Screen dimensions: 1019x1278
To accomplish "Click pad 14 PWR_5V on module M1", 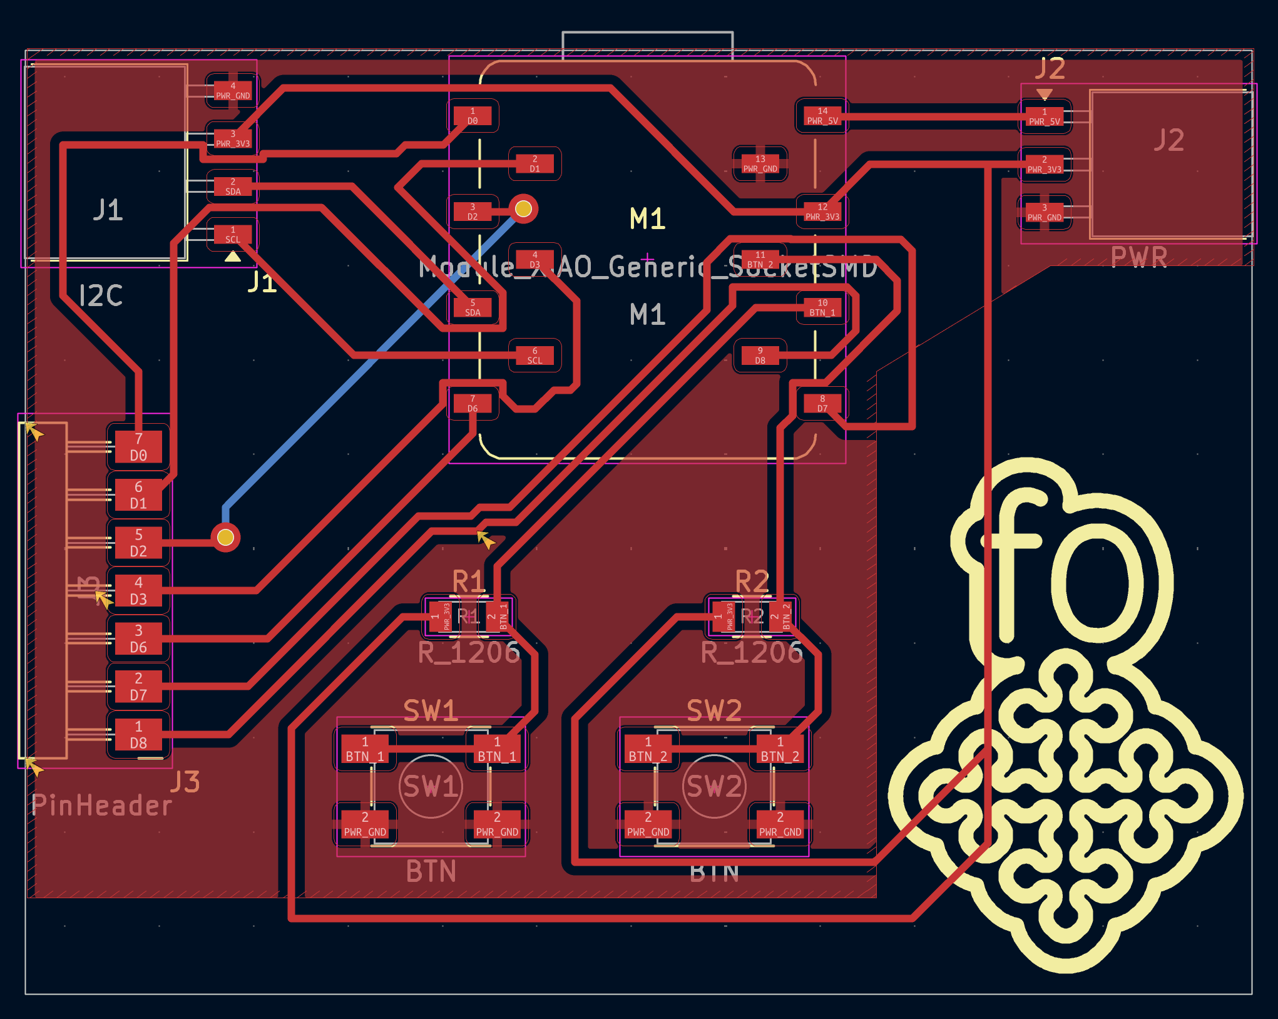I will [x=822, y=116].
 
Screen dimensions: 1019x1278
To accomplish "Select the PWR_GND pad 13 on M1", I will [x=760, y=164].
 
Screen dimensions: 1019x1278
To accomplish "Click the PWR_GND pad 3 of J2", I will [x=1044, y=213].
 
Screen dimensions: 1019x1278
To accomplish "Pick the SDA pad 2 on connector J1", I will [x=233, y=187].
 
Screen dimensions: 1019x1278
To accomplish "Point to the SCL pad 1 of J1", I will [x=233, y=235].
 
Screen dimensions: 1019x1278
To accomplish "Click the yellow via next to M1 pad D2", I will [x=523, y=208].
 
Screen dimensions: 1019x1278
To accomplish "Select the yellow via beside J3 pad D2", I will [x=225, y=537].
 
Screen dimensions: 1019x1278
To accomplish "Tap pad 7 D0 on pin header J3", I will [x=138, y=447].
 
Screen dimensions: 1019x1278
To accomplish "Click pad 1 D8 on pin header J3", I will [x=138, y=735].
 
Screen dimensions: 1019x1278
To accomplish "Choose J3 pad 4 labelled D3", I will [x=138, y=591].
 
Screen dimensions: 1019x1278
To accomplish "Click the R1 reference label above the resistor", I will [x=468, y=581].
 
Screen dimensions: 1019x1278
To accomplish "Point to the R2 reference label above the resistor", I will [x=752, y=581].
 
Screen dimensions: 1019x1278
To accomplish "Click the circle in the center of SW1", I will [x=431, y=786].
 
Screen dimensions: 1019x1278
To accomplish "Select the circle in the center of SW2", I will [x=713, y=786].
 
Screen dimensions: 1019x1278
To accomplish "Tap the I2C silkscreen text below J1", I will [x=101, y=295].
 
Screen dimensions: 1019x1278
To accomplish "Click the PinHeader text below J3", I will [x=101, y=806].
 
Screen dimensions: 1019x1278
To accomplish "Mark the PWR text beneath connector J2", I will [x=1139, y=257].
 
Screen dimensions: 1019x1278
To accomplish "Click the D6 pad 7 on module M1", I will [x=473, y=404].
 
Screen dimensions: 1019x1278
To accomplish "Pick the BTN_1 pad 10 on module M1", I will [x=822, y=307].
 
